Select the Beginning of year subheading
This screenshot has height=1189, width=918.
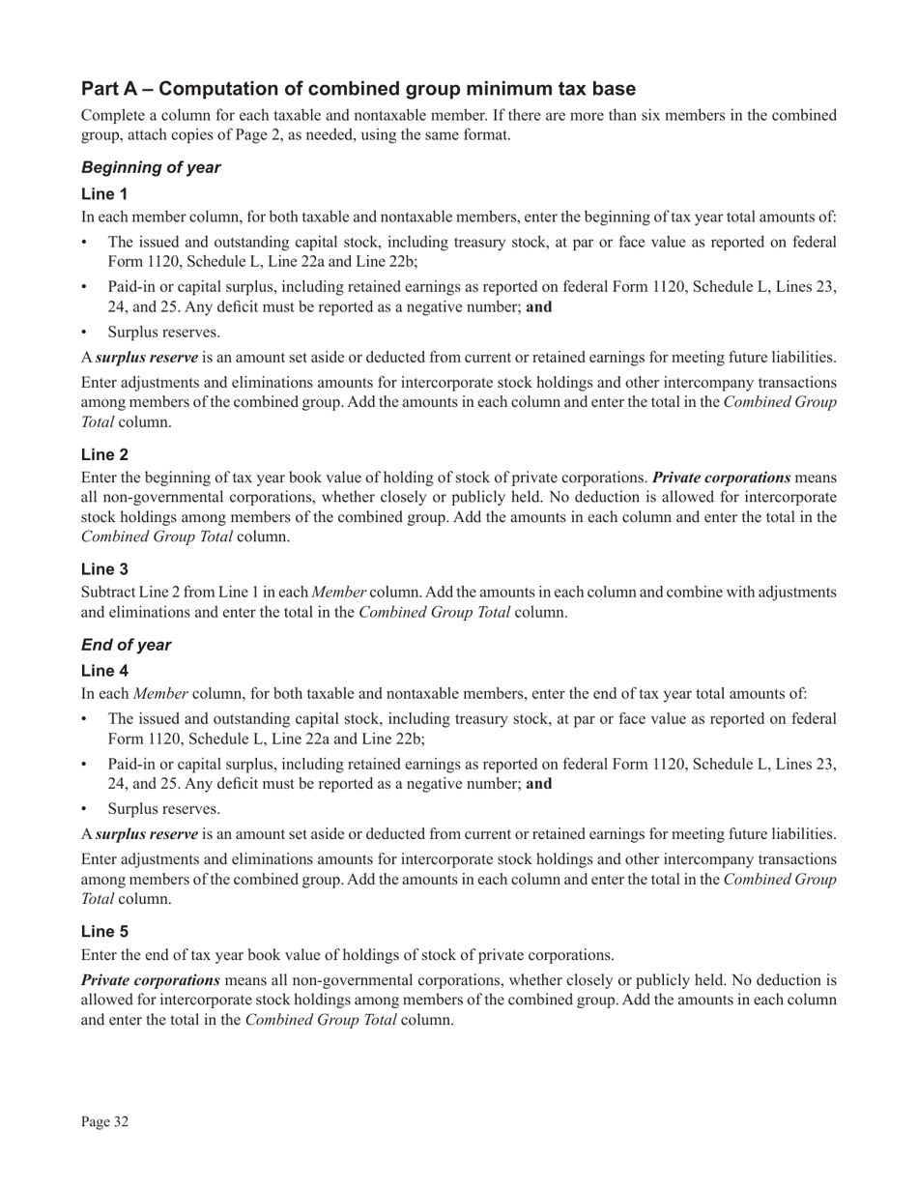[x=151, y=167]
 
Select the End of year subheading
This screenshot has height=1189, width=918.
[x=126, y=645]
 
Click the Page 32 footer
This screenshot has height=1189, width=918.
[x=104, y=1121]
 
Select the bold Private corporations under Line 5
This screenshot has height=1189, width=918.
[x=151, y=979]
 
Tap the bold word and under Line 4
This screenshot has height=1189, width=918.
[x=539, y=783]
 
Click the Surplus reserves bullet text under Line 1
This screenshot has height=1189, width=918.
[x=150, y=332]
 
